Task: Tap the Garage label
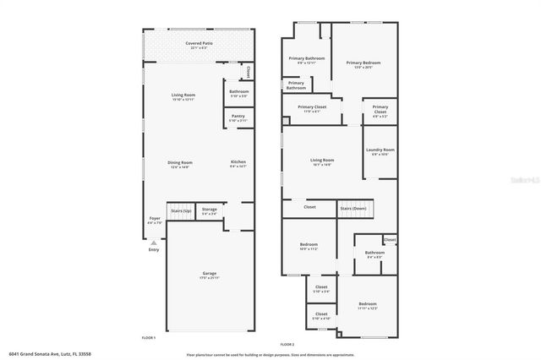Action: pos(209,274)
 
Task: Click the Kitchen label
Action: pos(238,162)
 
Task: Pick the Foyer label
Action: pos(155,219)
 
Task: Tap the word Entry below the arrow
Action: pos(154,249)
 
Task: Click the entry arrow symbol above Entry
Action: pos(154,242)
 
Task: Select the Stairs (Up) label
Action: pos(181,210)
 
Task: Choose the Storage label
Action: pos(209,210)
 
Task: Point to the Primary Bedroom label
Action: pos(363,63)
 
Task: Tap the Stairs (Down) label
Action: pos(352,208)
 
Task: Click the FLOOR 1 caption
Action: pos(149,337)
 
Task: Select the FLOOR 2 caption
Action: pos(287,344)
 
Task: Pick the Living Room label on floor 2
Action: pos(322,161)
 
